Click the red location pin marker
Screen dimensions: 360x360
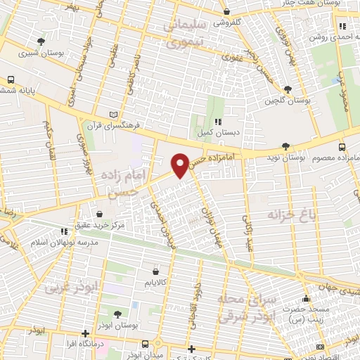click(x=180, y=165)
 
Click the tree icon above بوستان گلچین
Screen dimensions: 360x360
click(x=288, y=89)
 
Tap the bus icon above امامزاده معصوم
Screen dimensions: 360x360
click(x=342, y=147)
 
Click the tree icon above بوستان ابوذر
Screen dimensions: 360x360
click(x=117, y=314)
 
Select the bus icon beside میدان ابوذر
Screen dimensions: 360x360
click(x=146, y=344)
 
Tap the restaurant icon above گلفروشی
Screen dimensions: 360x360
click(x=226, y=12)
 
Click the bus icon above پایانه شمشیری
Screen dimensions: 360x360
click(x=11, y=80)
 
